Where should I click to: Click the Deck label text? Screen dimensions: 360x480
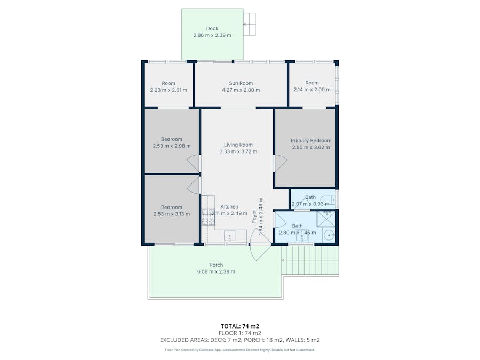tap(212, 29)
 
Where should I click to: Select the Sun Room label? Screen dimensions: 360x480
tap(241, 83)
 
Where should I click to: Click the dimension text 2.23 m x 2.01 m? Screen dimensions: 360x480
tap(169, 90)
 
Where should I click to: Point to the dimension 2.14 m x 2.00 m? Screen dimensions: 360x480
tap(312, 90)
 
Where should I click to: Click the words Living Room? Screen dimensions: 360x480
tap(238, 145)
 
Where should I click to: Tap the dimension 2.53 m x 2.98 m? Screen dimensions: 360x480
tap(171, 146)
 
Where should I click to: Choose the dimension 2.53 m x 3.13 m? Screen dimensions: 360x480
tap(171, 214)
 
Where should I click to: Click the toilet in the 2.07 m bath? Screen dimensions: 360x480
tap(333, 201)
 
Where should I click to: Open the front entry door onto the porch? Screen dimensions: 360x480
tap(260, 251)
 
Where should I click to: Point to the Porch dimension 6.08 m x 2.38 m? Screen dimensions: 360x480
tap(216, 271)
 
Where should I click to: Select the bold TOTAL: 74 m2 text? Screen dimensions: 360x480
tap(239, 326)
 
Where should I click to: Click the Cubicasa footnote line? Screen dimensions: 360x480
tap(239, 350)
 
